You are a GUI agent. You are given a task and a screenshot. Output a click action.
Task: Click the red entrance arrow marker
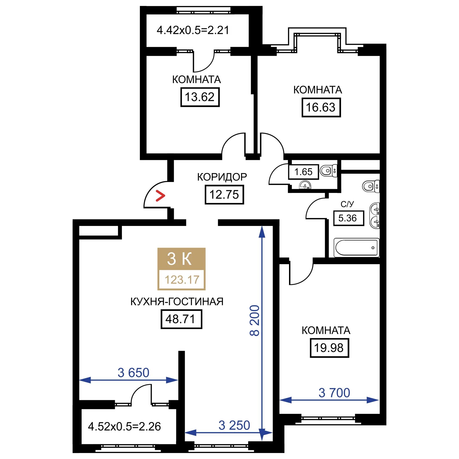click(x=160, y=196)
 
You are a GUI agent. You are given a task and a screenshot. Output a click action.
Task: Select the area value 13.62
click(x=200, y=97)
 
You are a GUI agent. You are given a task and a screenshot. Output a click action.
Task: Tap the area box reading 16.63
click(x=321, y=107)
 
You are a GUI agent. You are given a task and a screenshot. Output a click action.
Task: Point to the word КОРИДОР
click(x=222, y=177)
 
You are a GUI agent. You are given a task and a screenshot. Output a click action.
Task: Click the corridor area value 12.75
click(x=224, y=195)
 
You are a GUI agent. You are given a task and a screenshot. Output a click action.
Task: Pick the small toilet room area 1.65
click(x=303, y=172)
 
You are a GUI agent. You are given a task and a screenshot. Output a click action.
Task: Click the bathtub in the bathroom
click(x=356, y=248)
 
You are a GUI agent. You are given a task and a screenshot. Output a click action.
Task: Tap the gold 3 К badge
click(x=181, y=259)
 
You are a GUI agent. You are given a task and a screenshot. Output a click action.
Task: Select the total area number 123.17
click(x=182, y=280)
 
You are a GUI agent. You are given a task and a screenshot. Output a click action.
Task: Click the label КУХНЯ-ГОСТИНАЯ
click(x=177, y=302)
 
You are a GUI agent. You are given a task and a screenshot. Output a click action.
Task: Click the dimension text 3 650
click(x=133, y=373)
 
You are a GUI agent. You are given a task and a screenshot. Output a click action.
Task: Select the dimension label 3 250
click(x=234, y=425)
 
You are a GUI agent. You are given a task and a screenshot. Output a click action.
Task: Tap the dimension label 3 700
click(x=334, y=393)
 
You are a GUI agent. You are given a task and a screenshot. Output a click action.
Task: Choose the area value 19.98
click(x=329, y=348)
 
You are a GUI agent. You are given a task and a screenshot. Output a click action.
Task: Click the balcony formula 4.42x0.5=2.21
click(x=193, y=30)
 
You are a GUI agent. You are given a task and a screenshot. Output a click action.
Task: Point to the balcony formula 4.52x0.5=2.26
click(x=124, y=426)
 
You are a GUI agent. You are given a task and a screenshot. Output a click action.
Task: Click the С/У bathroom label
click(x=347, y=204)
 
